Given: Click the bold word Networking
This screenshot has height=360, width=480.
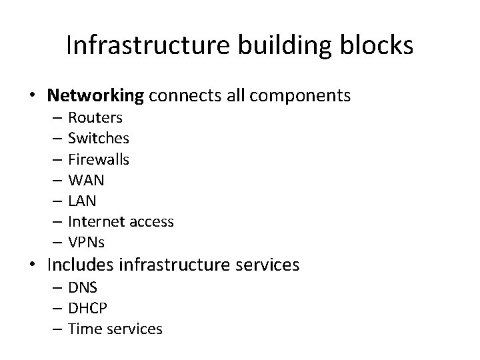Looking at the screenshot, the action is (x=95, y=95).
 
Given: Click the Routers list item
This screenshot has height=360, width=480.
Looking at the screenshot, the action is (x=95, y=118).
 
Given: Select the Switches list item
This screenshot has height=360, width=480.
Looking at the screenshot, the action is (x=99, y=139).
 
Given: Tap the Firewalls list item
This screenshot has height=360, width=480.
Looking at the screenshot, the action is (x=99, y=159).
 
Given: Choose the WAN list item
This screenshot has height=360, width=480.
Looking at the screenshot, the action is (x=87, y=180).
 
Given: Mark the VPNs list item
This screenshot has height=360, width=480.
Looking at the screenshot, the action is (x=87, y=242).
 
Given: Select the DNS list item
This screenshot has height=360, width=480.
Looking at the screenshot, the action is (x=83, y=287).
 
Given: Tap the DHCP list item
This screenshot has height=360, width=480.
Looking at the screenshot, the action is (x=87, y=308).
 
